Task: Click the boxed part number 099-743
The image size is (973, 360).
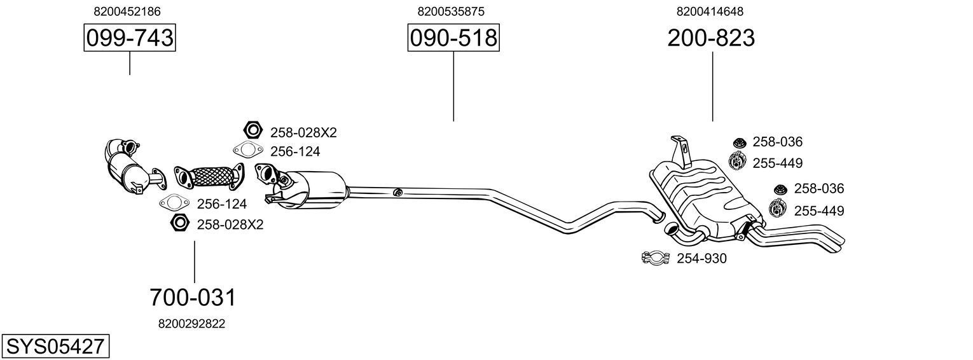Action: pyautogui.click(x=130, y=38)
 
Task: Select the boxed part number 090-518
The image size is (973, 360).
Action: pyautogui.click(x=453, y=38)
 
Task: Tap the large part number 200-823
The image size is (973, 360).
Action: pyautogui.click(x=711, y=38)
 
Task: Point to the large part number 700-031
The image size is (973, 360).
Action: pyautogui.click(x=193, y=297)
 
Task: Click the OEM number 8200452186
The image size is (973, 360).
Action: pyautogui.click(x=127, y=11)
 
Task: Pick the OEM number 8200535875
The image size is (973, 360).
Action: pyautogui.click(x=451, y=11)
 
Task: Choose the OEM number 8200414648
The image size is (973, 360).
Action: pyautogui.click(x=710, y=11)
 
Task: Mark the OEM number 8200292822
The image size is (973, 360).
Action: pyautogui.click(x=191, y=324)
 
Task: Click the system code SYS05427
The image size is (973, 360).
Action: pyautogui.click(x=55, y=347)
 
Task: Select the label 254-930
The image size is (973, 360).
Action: pyautogui.click(x=701, y=258)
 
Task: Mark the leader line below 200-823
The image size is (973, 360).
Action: pyautogui.click(x=712, y=86)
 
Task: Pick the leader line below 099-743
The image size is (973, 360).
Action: pyautogui.click(x=130, y=64)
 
